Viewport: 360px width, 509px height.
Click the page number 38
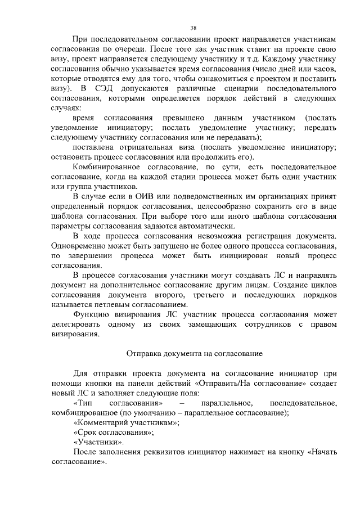click(x=193, y=28)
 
